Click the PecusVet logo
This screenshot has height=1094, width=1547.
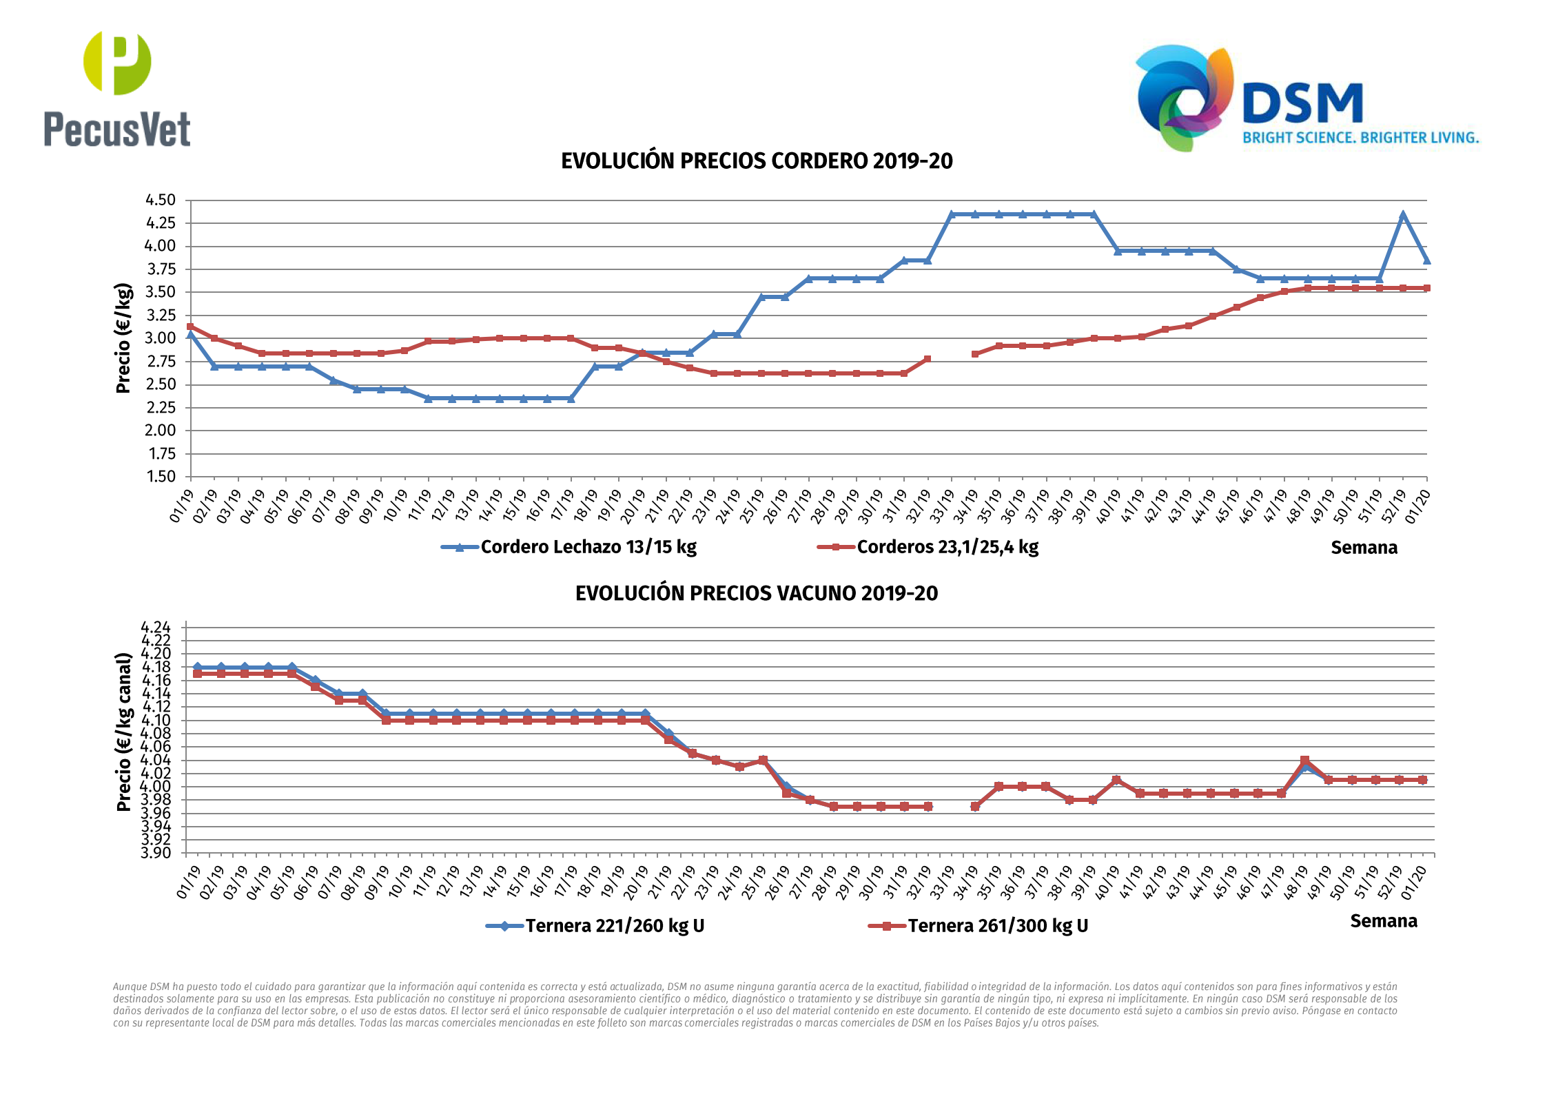[117, 90]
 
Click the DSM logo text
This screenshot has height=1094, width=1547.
[1302, 104]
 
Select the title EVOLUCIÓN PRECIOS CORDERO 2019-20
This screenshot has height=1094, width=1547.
[757, 161]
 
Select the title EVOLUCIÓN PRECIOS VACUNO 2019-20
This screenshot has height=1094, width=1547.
[757, 593]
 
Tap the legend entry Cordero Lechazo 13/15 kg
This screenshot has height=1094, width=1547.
[588, 547]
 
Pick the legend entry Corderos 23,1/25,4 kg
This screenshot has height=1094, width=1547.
[947, 547]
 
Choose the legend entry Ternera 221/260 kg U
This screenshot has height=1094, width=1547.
[614, 926]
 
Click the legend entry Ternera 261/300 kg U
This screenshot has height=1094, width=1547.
[997, 926]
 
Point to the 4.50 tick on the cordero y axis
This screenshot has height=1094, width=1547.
[161, 200]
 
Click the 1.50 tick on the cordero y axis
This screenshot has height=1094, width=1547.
[161, 477]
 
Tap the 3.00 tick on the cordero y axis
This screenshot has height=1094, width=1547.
[161, 338]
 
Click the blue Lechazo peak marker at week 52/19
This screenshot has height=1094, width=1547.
[1403, 215]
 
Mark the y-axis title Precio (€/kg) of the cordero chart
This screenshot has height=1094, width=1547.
[123, 338]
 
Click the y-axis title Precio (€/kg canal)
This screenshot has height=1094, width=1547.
[123, 732]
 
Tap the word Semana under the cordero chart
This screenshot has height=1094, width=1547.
[1364, 548]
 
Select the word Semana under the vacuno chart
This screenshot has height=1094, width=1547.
[1383, 921]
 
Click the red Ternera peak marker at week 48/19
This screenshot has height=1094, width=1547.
[1304, 761]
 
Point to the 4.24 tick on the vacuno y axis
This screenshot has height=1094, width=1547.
[156, 627]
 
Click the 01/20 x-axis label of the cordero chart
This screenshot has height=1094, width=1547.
[1417, 506]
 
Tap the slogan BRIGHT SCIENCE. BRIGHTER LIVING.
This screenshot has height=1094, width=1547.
[1360, 138]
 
